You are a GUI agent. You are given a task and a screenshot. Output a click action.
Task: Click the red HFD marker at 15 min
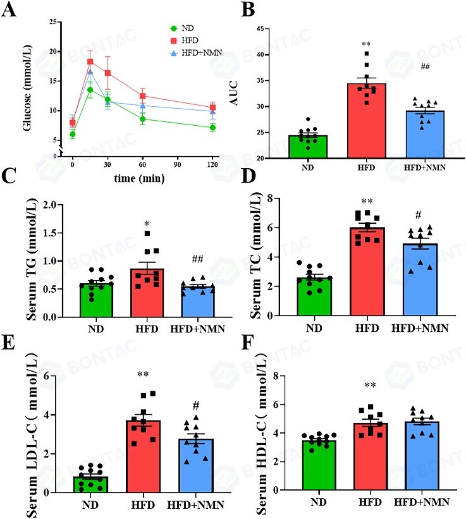pyautogui.click(x=90, y=62)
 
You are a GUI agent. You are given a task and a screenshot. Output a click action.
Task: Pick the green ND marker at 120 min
pyautogui.click(x=213, y=128)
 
